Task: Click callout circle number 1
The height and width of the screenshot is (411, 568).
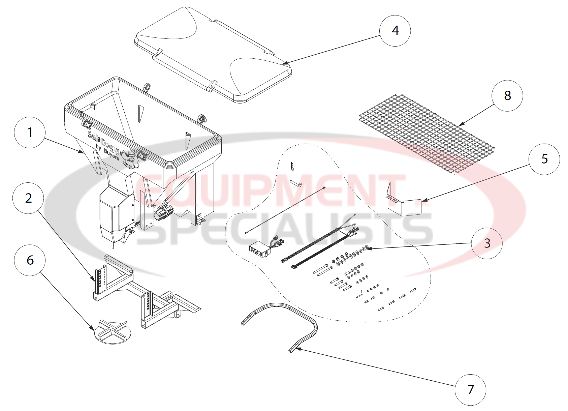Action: pyautogui.click(x=30, y=132)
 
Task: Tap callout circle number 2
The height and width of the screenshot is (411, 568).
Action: pyautogui.click(x=28, y=198)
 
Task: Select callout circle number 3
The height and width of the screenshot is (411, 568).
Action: pyautogui.click(x=487, y=243)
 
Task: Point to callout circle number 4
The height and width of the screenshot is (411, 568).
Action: pyautogui.click(x=395, y=30)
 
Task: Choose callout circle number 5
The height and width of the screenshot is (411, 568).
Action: pyautogui.click(x=544, y=159)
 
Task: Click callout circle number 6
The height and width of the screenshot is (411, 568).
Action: pyautogui.click(x=30, y=260)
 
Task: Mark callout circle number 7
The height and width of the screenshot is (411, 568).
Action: pyautogui.click(x=470, y=389)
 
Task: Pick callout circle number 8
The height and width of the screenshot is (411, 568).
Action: pyautogui.click(x=507, y=95)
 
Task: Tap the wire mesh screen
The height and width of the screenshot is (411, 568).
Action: pyautogui.click(x=426, y=135)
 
